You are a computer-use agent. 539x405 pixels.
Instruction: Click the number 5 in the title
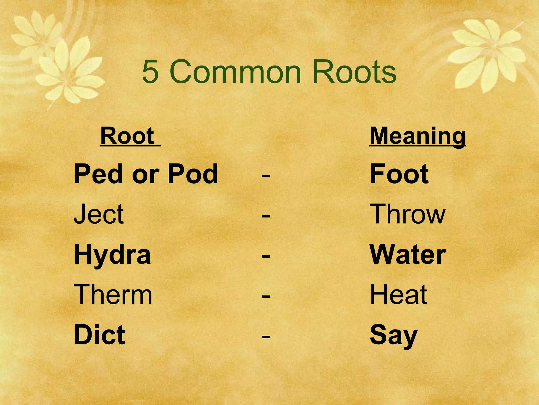point(150,71)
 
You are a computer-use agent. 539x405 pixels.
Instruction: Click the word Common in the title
point(235,71)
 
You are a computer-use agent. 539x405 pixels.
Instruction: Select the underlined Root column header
point(127,136)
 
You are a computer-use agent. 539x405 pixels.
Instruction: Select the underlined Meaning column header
point(418,136)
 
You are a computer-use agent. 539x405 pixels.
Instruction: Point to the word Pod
point(193,174)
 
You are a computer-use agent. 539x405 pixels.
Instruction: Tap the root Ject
point(98,214)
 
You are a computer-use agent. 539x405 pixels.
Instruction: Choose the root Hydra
point(112,255)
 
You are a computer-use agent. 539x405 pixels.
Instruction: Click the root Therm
point(113,295)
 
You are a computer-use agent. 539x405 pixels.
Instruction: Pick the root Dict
point(99,335)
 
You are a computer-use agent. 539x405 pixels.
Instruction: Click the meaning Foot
point(399,174)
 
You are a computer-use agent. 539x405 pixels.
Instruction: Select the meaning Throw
point(407,214)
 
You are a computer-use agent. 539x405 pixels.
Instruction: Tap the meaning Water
point(408,255)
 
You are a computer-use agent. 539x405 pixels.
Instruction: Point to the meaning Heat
point(398,295)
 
